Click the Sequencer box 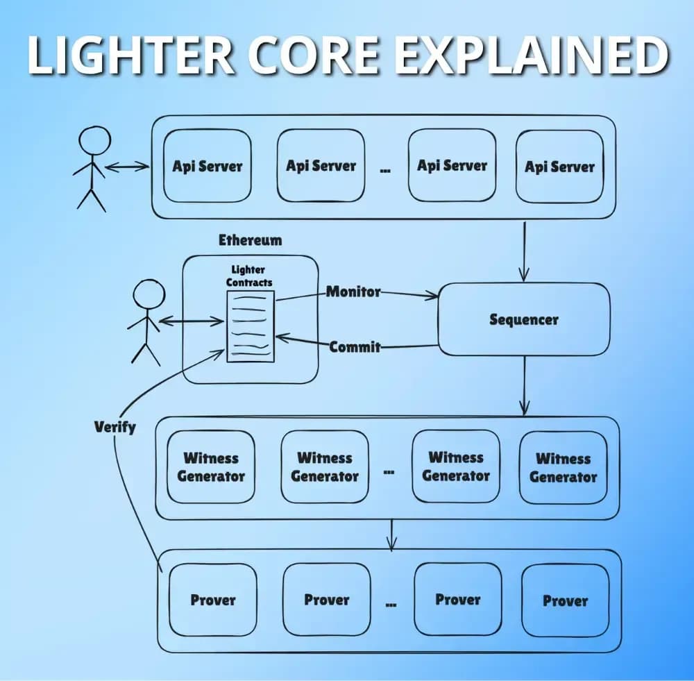[523, 320]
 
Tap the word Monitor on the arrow [354, 292]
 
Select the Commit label [355, 346]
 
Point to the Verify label [115, 426]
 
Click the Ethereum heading [251, 240]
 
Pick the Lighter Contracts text [249, 276]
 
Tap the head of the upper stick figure [95, 142]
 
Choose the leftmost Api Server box [207, 167]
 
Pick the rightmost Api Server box [559, 167]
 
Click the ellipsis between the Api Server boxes [385, 169]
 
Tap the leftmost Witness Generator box [211, 467]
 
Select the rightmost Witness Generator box [563, 467]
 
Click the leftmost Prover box [213, 600]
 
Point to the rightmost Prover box [565, 600]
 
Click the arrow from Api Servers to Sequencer [524, 250]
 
